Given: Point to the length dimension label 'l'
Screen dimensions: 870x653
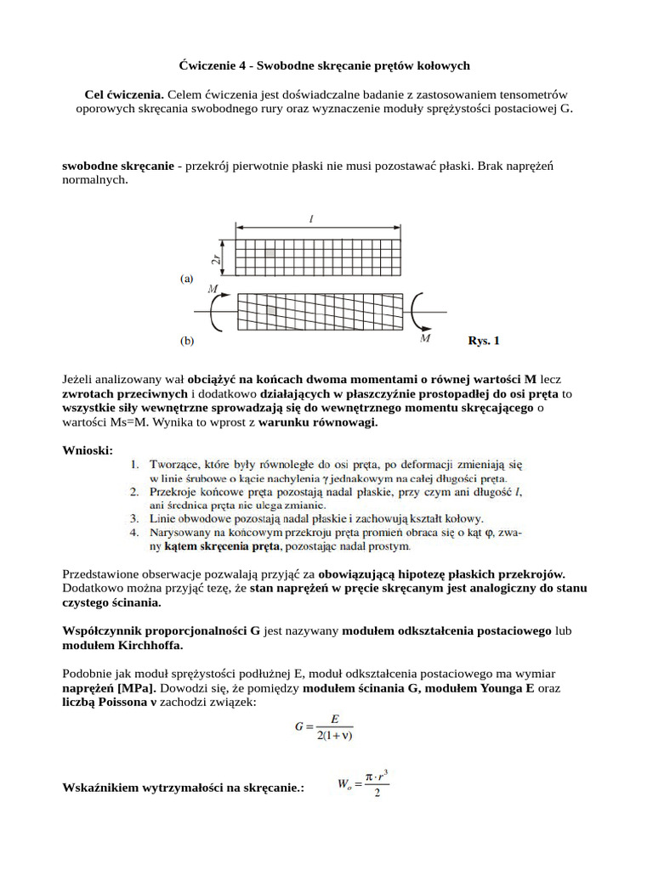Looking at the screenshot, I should tap(312, 219).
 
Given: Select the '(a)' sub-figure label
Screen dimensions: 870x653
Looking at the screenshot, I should tap(187, 278).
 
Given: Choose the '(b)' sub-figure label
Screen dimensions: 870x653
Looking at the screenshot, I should tap(187, 341).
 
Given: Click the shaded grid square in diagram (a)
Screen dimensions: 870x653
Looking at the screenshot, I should tap(269, 253).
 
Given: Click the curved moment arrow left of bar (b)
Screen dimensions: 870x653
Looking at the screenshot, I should tap(216, 314).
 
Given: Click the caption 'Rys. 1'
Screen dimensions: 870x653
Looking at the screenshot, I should tap(484, 341).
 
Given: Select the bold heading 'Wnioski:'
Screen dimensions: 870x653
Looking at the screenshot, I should tap(88, 449).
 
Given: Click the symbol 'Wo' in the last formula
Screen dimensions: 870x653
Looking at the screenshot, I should tap(344, 787).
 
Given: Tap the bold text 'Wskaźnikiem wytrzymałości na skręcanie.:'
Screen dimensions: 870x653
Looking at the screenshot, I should tap(184, 788).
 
